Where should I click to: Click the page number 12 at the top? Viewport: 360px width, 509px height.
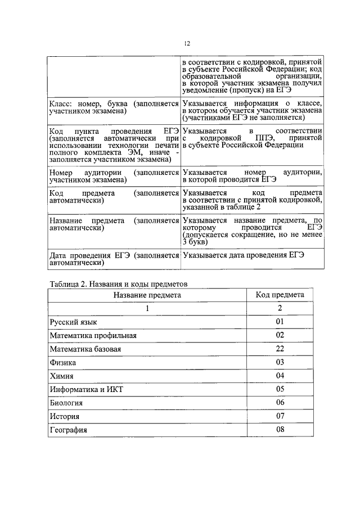[187, 43]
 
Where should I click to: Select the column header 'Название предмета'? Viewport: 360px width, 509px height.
[147, 295]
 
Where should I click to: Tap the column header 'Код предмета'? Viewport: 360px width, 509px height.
[280, 295]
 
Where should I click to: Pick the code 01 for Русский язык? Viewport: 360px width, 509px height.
[280, 322]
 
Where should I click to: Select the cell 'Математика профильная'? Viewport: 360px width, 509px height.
[93, 336]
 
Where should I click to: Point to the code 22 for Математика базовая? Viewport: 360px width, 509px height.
[280, 349]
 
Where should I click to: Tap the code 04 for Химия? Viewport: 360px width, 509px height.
[280, 376]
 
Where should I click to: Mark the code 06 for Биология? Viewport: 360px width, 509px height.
[280, 403]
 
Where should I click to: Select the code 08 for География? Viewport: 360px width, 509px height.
[280, 430]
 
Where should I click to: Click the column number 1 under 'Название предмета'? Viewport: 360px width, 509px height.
[147, 309]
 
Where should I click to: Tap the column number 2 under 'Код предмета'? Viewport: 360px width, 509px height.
[280, 308]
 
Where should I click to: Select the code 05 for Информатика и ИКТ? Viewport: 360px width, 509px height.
[280, 389]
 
